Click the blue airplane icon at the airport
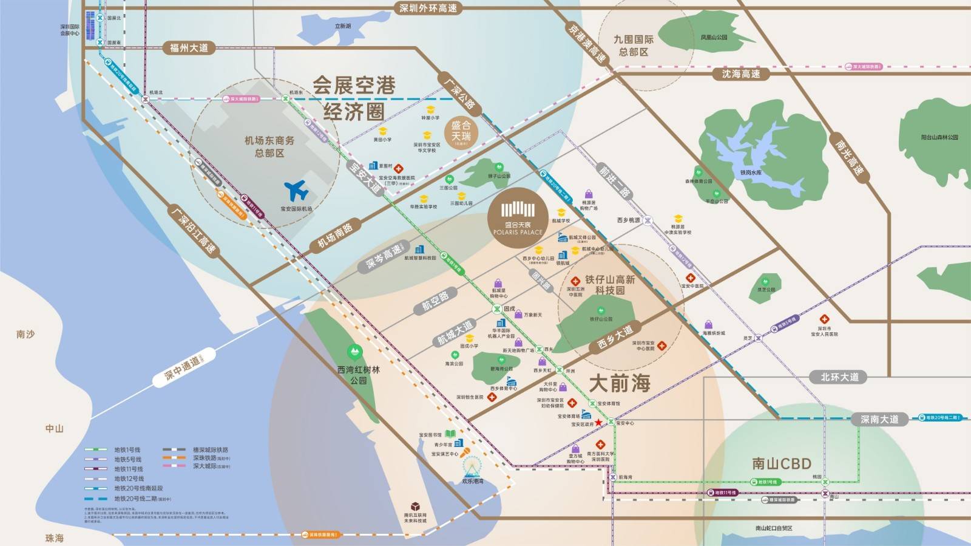(x=297, y=191)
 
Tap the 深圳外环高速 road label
(x=428, y=8)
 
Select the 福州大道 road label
(x=189, y=48)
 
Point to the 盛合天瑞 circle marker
(x=461, y=132)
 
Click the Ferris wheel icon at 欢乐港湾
(x=472, y=467)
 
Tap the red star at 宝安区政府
(x=598, y=423)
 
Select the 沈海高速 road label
(x=740, y=74)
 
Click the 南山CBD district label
(x=781, y=464)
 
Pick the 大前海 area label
(x=620, y=383)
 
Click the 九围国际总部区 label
(x=633, y=46)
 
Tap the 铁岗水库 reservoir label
(x=750, y=172)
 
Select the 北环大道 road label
(x=839, y=377)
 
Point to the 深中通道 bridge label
(x=182, y=365)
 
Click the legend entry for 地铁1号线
(x=127, y=450)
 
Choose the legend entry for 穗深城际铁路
(x=211, y=450)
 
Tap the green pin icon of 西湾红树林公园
(x=354, y=352)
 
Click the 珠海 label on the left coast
(x=54, y=538)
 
